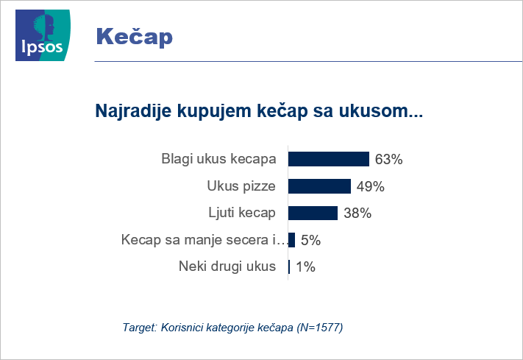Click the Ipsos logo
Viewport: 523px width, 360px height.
(x=43, y=35)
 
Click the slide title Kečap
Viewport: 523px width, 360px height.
(x=134, y=36)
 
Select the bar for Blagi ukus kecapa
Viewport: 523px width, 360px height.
(x=329, y=159)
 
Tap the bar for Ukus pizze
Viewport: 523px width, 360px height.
(x=319, y=186)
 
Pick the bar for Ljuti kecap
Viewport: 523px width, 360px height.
(x=313, y=213)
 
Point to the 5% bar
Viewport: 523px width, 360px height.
(x=291, y=240)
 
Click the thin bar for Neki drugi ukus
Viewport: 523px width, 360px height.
(x=289, y=267)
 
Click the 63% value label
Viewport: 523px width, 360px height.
(x=388, y=159)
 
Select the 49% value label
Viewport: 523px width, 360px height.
(x=370, y=186)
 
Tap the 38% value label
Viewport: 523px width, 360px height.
(x=357, y=213)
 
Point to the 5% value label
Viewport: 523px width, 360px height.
(x=310, y=240)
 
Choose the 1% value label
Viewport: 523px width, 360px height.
(x=305, y=267)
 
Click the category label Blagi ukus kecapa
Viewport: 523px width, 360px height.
(x=218, y=159)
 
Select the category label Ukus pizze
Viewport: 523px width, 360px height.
(x=241, y=186)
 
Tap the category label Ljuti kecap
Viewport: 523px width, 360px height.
(x=242, y=213)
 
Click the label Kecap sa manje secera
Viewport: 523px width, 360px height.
(x=204, y=240)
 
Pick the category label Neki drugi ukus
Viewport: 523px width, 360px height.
(x=227, y=267)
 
